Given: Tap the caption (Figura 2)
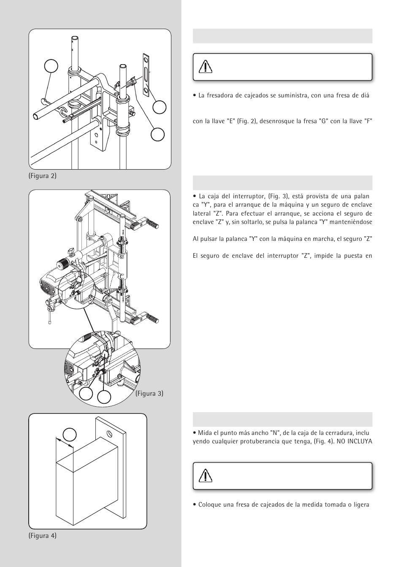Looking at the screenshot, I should [x=43, y=175].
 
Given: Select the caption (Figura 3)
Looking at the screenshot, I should [x=149, y=394].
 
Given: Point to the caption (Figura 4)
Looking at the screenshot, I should [x=43, y=536].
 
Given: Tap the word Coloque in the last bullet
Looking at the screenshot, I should [x=210, y=505].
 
